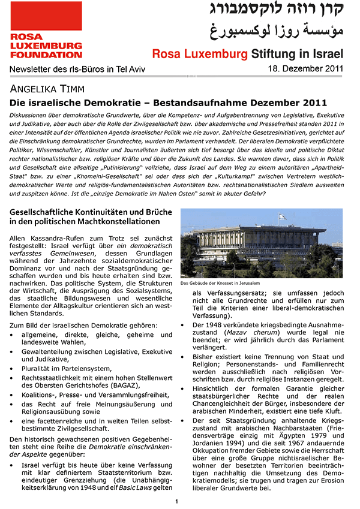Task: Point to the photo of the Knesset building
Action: (x=261, y=243)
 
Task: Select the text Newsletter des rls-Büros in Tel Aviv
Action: (x=76, y=70)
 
